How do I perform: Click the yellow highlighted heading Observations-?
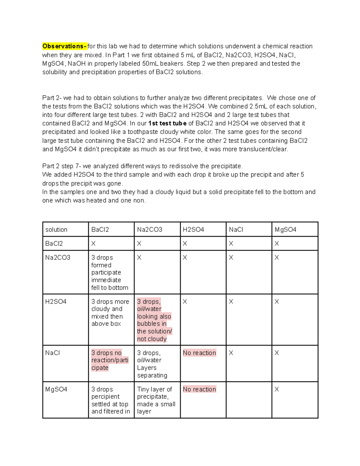64,46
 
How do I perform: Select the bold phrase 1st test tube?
167,123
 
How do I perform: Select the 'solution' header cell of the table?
56,230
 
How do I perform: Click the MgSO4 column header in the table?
285,230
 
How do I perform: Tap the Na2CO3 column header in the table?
149,230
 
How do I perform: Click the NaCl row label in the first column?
52,353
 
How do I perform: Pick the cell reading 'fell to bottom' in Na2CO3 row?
109,287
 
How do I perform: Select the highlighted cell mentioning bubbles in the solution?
154,320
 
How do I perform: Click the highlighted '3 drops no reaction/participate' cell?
110,360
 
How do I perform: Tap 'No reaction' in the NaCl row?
199,353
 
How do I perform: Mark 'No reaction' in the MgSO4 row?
199,389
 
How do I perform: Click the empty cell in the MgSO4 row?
249,400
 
